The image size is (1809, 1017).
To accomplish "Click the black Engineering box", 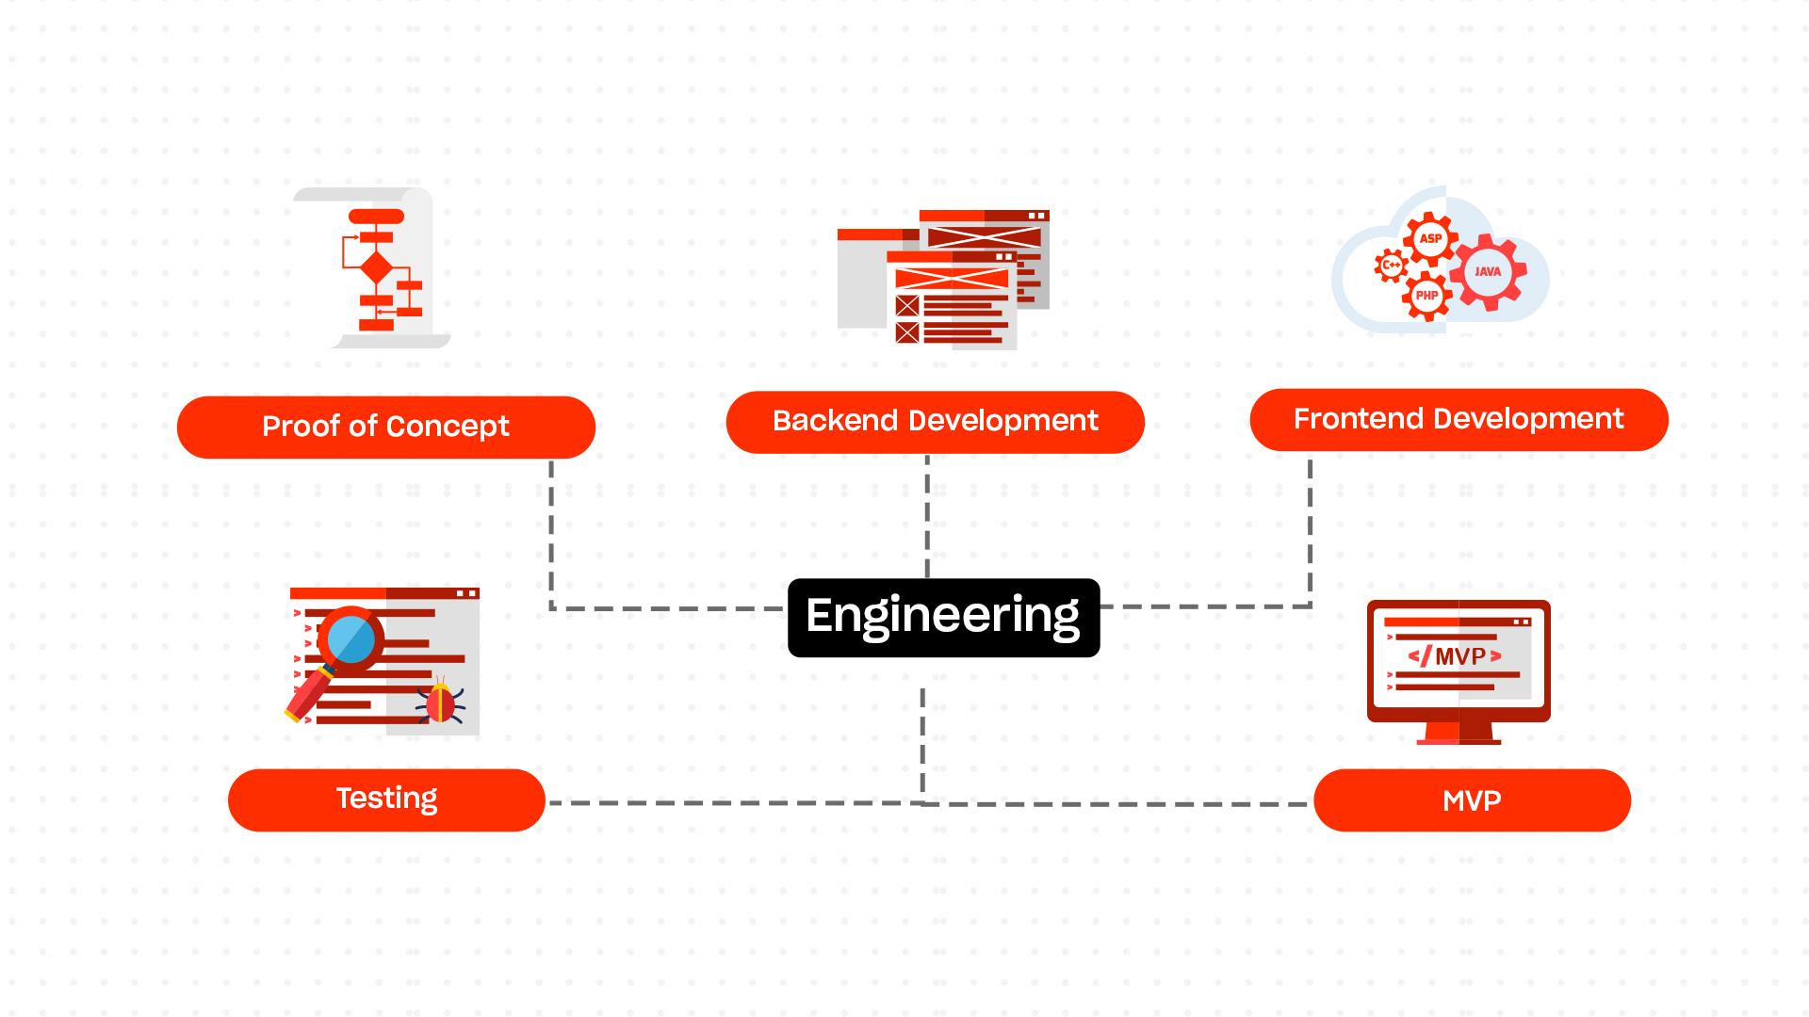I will (x=943, y=617).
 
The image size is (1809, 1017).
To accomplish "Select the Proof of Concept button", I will (x=385, y=427).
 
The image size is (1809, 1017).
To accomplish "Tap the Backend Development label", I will (x=935, y=421).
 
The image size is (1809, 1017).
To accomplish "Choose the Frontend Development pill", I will (x=1459, y=419).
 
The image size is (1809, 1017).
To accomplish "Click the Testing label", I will (x=386, y=799).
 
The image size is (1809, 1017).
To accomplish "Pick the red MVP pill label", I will (x=1472, y=800).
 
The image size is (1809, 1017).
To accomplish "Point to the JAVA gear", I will (x=1488, y=271).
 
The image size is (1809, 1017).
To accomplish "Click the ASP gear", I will (x=1430, y=239).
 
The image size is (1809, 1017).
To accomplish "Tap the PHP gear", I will (x=1426, y=296).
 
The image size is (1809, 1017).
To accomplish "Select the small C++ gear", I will (x=1391, y=266).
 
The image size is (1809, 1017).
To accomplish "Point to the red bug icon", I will (x=440, y=703).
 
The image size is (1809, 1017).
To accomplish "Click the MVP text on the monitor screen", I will (x=1459, y=656).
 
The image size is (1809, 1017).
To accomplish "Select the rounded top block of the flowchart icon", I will (x=376, y=217).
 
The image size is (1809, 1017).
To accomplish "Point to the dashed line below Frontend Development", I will (x=1310, y=527).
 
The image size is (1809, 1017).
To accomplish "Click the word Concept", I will (x=447, y=427).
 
